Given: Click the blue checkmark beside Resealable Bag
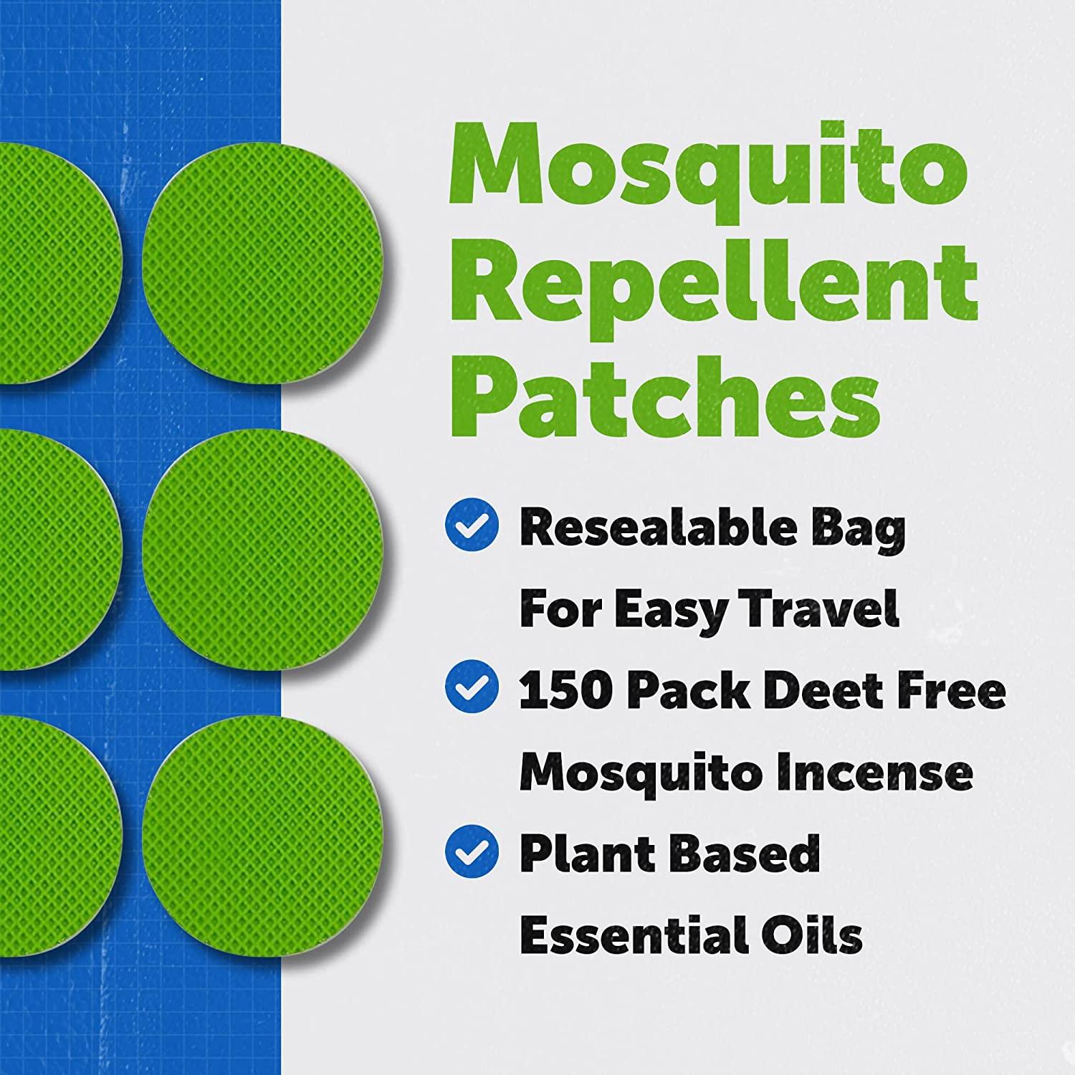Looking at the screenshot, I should (472, 527).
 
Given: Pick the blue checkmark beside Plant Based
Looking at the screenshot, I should (472, 851).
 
